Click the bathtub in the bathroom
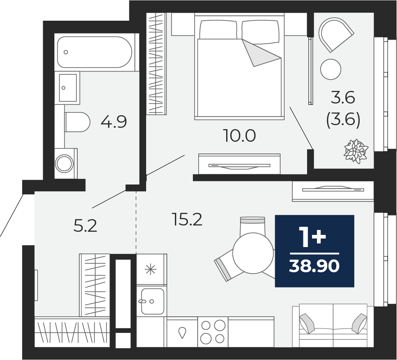(94, 52)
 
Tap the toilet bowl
(77, 122)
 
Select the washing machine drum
(64, 163)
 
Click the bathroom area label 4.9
(114, 122)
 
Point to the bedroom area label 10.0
(240, 135)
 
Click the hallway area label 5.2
(85, 226)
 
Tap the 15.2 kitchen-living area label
(187, 219)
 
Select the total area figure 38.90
(314, 266)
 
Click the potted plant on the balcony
(356, 151)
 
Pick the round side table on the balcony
(330, 69)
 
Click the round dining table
(253, 253)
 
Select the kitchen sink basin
(152, 301)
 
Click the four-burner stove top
(213, 332)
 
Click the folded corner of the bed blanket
(261, 53)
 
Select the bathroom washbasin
(67, 88)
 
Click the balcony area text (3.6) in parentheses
(343, 120)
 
